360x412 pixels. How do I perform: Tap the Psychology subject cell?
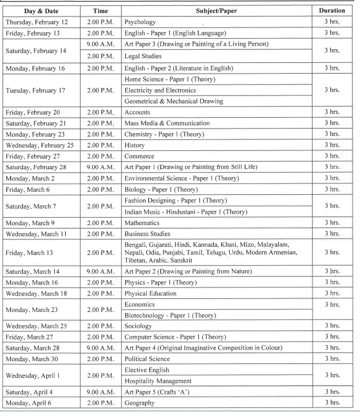140,22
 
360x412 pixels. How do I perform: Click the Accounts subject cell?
138,113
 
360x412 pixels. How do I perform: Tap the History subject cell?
135,145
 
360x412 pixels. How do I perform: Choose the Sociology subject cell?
139,326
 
